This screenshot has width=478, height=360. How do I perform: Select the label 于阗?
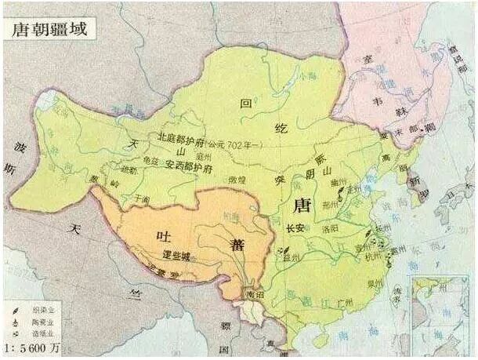pos(140,199)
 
